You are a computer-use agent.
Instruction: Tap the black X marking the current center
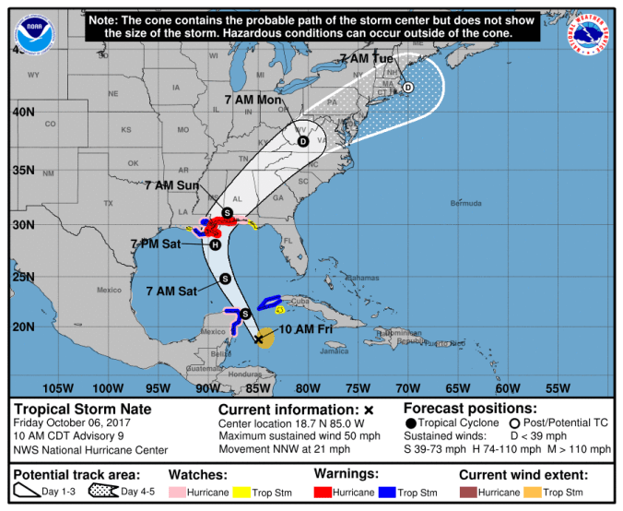pos(258,339)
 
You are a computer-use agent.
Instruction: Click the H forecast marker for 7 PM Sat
pos(215,244)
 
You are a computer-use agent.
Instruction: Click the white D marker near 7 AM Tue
pos(407,89)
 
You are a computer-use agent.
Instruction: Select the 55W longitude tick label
pos(558,387)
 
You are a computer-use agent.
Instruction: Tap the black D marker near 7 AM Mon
pos(302,141)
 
